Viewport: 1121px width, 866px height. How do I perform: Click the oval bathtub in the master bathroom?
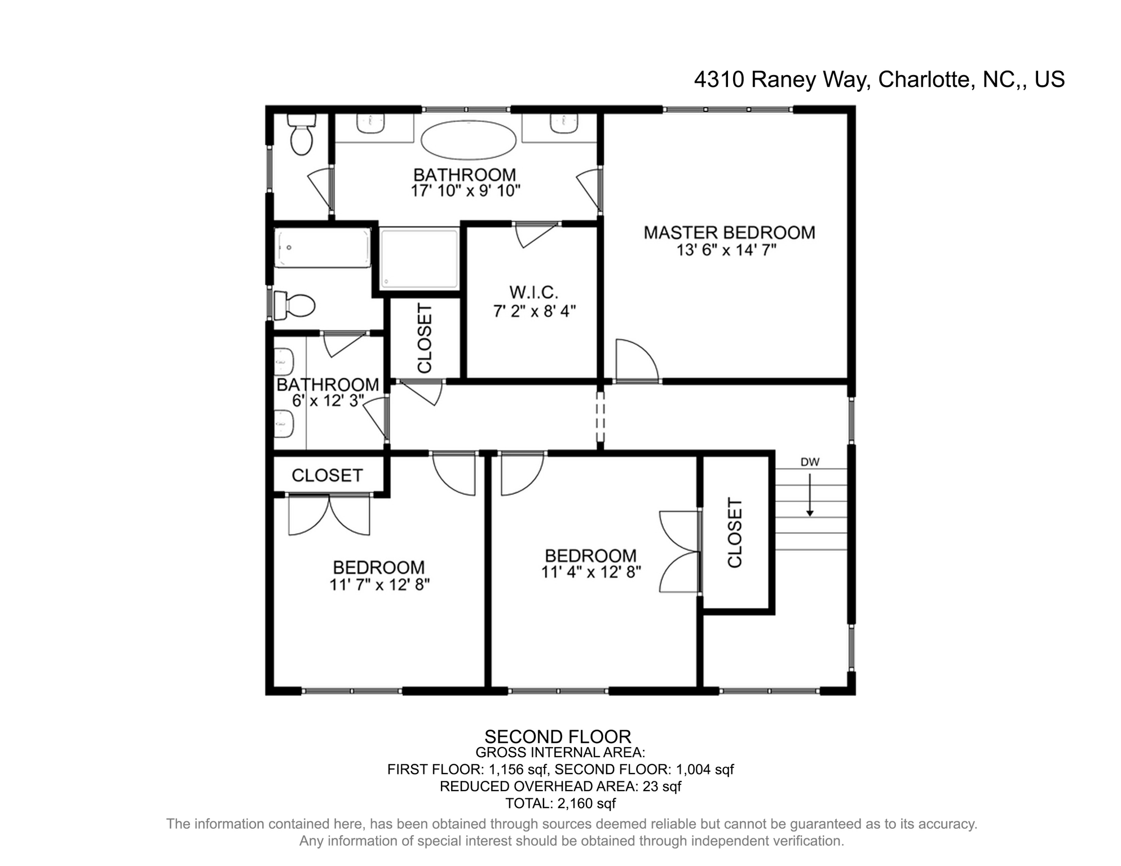click(469, 140)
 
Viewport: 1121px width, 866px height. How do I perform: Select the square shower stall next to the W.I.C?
click(419, 259)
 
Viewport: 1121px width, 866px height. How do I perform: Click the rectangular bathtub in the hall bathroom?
click(323, 248)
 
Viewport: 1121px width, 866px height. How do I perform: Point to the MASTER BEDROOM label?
click(729, 232)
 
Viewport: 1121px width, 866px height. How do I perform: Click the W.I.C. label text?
click(534, 292)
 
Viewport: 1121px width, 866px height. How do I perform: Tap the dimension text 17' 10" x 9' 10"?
click(465, 191)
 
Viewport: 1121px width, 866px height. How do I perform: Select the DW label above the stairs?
click(810, 462)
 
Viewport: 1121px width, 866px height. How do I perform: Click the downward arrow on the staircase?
click(810, 495)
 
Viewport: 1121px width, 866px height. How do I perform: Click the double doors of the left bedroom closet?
click(329, 515)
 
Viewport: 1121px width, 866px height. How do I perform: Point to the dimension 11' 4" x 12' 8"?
click(591, 572)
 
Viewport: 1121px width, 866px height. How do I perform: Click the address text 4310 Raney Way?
click(780, 79)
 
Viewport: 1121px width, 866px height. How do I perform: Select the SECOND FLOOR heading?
click(558, 736)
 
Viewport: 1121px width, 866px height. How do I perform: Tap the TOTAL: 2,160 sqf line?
click(560, 803)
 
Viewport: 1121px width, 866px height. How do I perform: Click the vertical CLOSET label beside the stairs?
click(735, 532)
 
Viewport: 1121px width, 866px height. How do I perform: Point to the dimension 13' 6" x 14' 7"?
click(726, 250)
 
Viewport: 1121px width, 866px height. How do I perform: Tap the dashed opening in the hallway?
click(600, 417)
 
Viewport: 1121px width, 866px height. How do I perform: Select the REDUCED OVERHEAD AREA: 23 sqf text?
click(560, 787)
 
